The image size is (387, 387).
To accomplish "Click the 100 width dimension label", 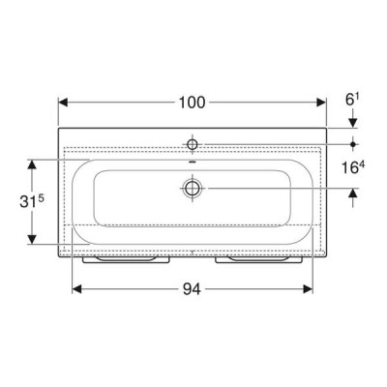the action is pos(192,103).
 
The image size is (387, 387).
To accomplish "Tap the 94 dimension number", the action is pos(192,289).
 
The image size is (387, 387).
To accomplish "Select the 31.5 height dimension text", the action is pos(32,202).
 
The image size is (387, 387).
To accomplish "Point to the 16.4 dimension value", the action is pos(353,167).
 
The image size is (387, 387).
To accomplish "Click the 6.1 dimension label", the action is pos(352,101).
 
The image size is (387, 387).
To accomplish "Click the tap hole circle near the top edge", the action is pos(193,144).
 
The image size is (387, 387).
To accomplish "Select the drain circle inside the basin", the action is pos(193,188).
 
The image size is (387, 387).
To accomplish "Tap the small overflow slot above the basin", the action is pos(193,162).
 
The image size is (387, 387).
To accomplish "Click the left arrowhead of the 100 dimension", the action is pos(63,103).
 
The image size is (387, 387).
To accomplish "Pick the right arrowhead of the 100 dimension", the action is pos(321,103).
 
